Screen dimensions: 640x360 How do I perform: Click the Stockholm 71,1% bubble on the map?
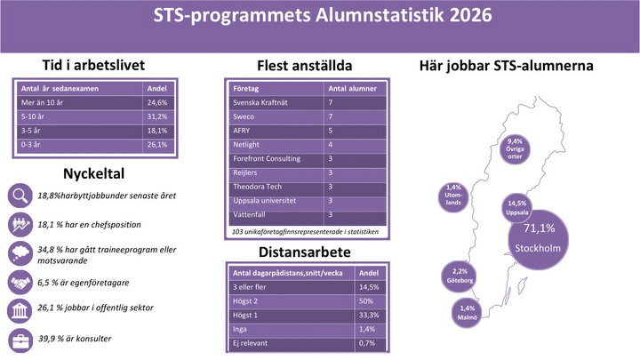[539, 240]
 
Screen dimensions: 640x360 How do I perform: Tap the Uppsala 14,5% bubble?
[516, 208]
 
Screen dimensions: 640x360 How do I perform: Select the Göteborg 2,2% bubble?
[460, 276]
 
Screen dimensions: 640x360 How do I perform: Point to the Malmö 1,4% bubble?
[467, 313]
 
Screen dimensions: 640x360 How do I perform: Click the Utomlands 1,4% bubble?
[453, 197]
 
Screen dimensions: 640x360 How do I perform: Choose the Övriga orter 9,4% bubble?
[515, 149]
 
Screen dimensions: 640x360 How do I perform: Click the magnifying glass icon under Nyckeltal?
[20, 196]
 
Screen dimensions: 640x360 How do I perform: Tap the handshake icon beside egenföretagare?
[20, 283]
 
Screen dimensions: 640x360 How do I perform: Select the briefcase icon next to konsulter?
[20, 340]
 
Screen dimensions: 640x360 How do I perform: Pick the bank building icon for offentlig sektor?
[20, 310]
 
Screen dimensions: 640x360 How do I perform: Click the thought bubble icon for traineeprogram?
[20, 253]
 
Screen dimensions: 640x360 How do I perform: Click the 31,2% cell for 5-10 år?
[157, 116]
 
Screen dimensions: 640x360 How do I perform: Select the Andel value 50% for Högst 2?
[366, 301]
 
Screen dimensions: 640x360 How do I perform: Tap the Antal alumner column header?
[352, 89]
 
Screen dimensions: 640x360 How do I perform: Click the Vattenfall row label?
[249, 215]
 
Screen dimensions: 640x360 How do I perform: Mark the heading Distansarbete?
[305, 252]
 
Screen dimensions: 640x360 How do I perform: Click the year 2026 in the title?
[471, 15]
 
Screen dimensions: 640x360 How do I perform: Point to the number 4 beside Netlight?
[330, 145]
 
